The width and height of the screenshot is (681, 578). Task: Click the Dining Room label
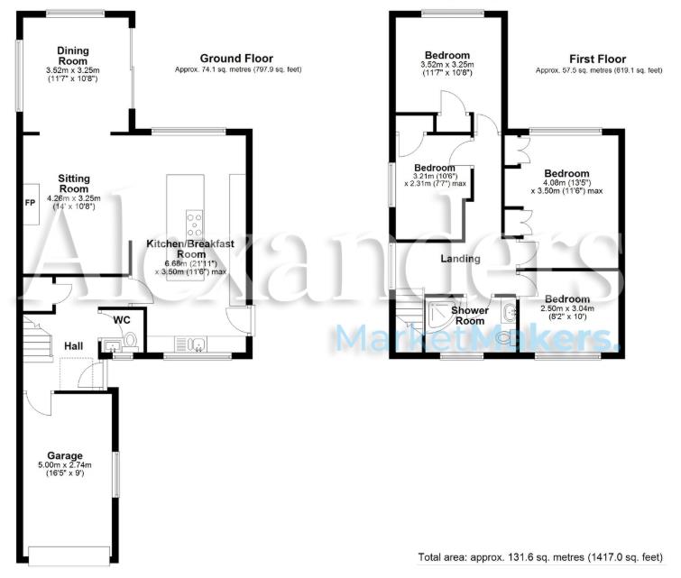point(71,55)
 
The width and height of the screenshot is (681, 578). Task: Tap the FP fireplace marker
point(29,201)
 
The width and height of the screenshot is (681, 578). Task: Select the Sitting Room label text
point(74,183)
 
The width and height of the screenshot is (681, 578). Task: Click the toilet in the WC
point(131,341)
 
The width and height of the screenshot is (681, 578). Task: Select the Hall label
point(74,344)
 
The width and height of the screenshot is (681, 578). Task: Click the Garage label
point(65,455)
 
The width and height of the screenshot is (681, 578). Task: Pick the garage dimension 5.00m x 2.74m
point(66,466)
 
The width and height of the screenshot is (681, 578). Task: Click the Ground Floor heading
point(236,58)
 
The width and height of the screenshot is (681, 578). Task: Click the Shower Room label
point(470,316)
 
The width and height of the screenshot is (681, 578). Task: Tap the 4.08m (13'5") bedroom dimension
point(566,185)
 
